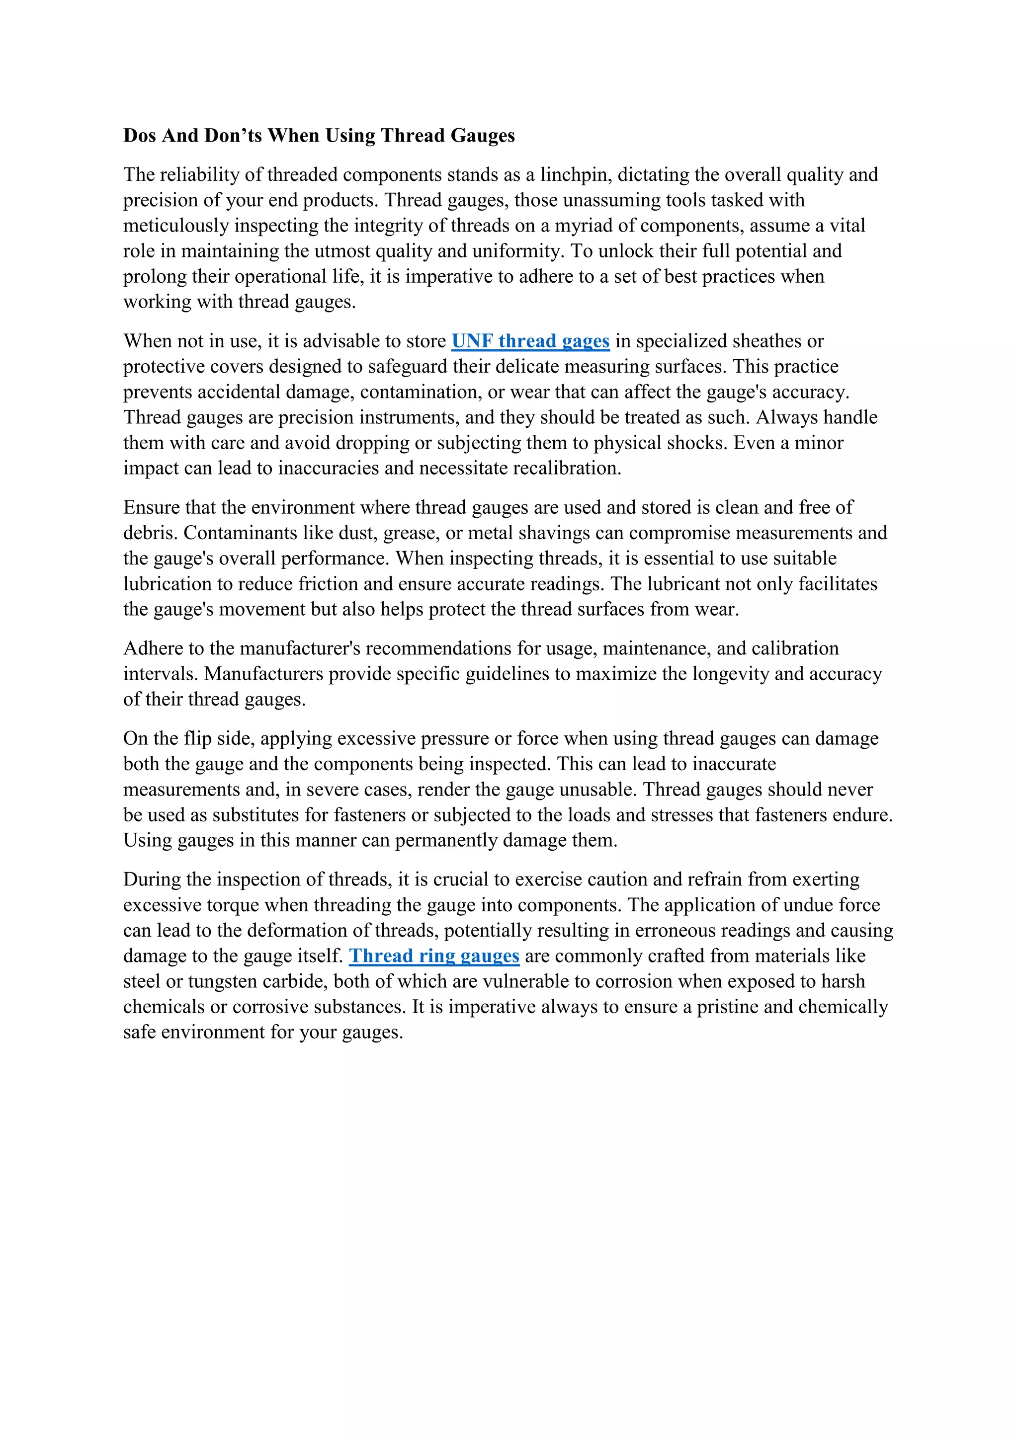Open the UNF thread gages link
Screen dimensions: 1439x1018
coord(530,341)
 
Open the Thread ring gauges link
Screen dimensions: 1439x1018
coord(434,956)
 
